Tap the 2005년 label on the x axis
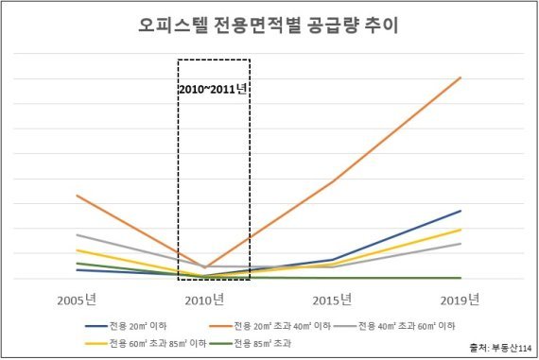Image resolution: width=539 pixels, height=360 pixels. [x=78, y=300]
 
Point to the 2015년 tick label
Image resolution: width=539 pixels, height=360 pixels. [x=333, y=300]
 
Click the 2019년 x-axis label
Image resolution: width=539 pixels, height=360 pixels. [x=461, y=300]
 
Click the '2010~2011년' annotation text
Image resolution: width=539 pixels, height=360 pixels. [x=213, y=90]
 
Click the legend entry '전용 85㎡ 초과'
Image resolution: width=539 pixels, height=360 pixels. [x=262, y=342]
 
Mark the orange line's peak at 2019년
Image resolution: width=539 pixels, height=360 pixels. [x=461, y=77]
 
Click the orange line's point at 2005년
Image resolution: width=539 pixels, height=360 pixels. [x=78, y=196]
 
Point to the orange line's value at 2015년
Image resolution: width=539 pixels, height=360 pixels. [x=333, y=181]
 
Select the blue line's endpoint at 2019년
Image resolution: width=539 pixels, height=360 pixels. [x=461, y=211]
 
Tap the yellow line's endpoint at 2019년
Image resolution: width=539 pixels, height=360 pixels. [x=461, y=230]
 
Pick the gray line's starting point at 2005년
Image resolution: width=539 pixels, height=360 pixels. [x=78, y=234]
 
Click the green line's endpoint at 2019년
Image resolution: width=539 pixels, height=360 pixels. [x=461, y=278]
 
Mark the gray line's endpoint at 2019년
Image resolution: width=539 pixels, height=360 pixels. [x=461, y=244]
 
